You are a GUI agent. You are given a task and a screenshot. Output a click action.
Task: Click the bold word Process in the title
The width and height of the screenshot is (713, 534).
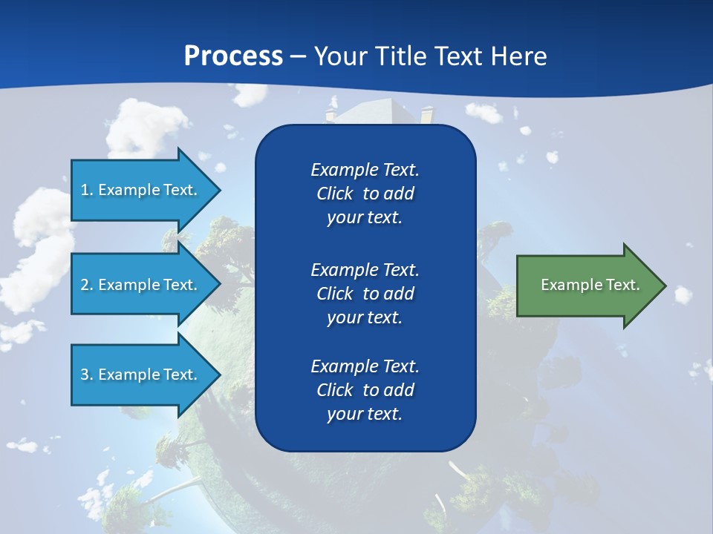233,56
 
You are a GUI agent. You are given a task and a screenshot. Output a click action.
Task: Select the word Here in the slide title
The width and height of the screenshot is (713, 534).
518,56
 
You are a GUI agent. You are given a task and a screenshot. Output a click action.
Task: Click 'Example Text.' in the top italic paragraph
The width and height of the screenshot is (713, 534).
365,170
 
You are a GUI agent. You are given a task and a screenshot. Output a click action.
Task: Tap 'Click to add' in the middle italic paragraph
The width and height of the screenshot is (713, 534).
365,294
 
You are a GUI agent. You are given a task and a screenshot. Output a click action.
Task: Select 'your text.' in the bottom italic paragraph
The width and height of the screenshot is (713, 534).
365,414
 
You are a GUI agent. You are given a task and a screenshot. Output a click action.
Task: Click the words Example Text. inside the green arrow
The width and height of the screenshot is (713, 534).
590,285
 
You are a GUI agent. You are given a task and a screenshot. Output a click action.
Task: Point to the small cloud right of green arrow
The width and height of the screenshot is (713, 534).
683,294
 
